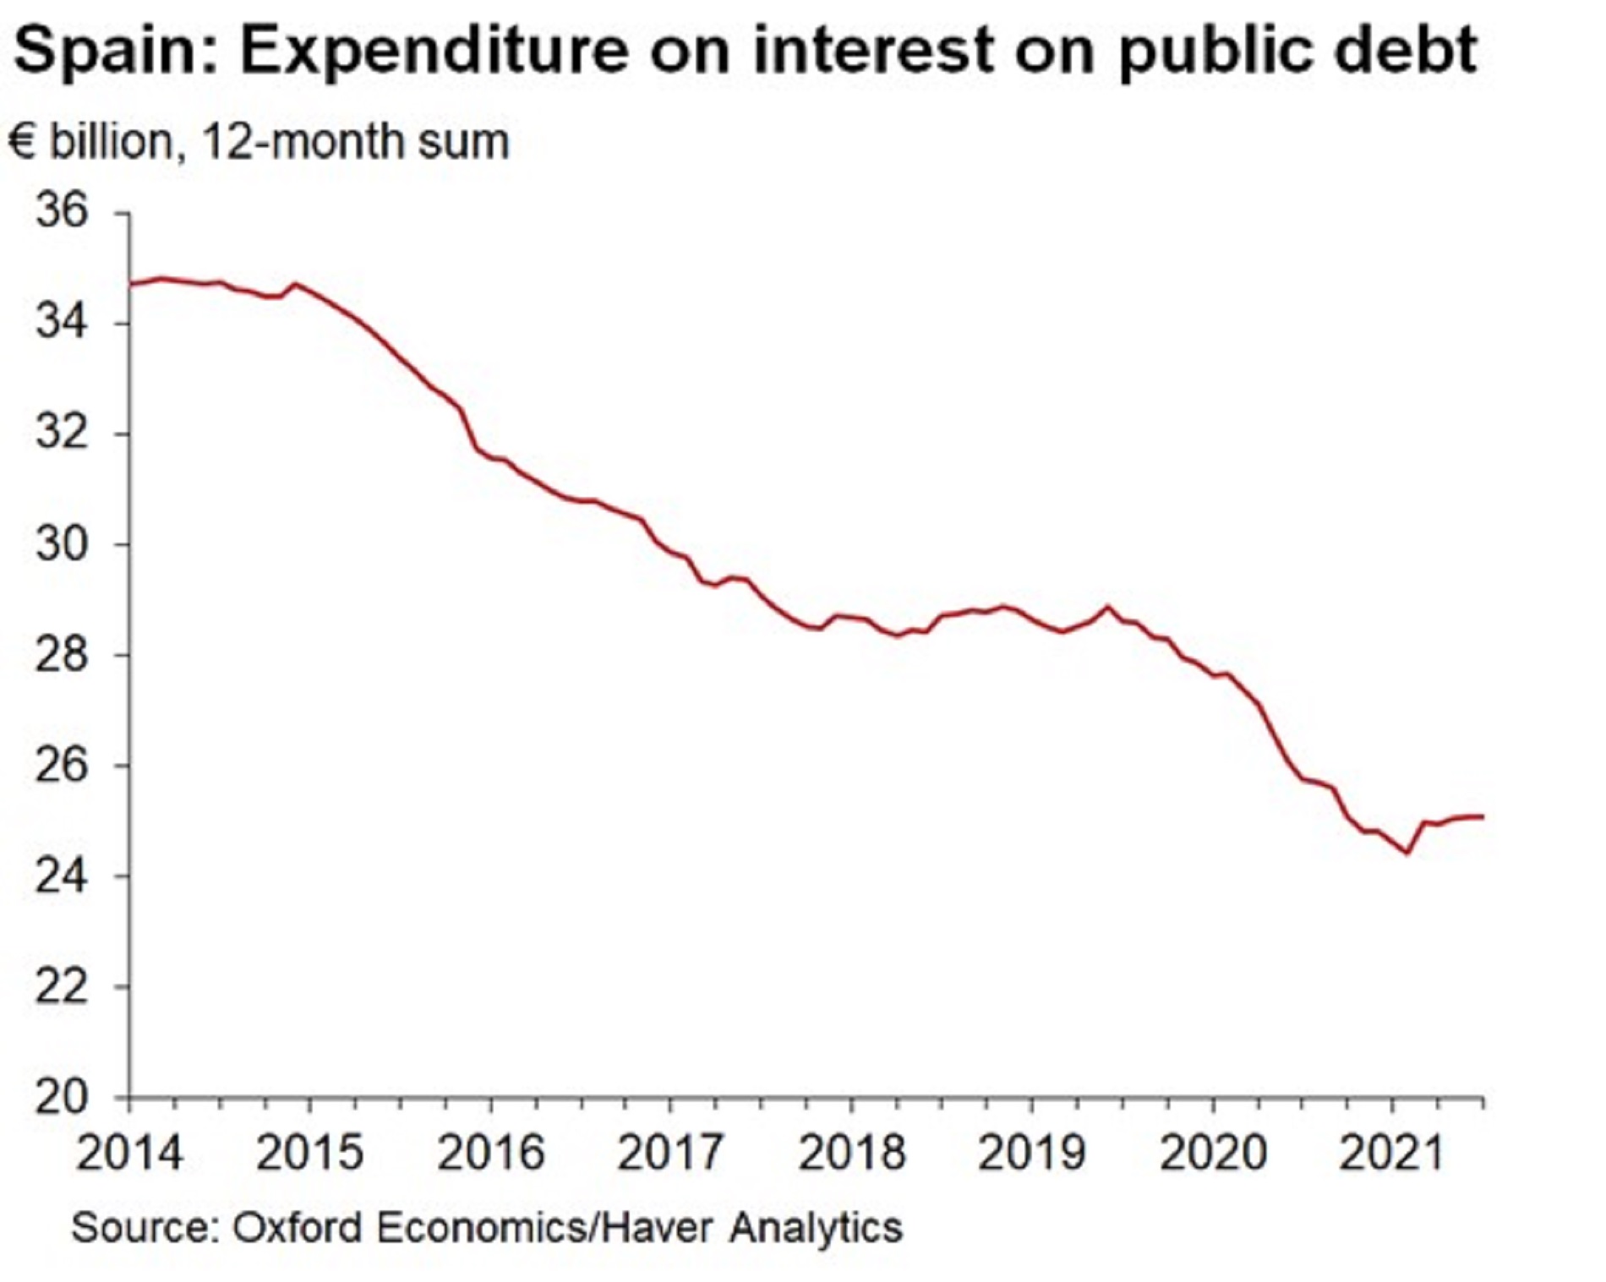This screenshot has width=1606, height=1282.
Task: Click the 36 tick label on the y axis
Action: (x=61, y=210)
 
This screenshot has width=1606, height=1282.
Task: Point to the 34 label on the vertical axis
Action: (x=61, y=322)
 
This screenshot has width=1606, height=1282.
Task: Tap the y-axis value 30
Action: (x=61, y=543)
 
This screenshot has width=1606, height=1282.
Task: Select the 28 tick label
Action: (x=61, y=654)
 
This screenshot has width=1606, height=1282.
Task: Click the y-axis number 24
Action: (x=61, y=876)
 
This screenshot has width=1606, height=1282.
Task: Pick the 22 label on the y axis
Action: (x=61, y=986)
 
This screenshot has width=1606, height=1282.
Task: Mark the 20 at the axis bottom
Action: (x=61, y=1097)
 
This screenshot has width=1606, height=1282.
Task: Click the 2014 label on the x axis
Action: (x=129, y=1153)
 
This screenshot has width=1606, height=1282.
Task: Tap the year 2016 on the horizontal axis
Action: (x=490, y=1153)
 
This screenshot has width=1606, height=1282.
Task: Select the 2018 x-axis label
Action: (x=851, y=1153)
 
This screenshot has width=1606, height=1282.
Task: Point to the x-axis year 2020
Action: (x=1212, y=1153)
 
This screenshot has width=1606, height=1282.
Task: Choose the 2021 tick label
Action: (x=1391, y=1153)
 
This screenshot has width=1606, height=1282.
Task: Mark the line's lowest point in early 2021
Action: (x=1407, y=853)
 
